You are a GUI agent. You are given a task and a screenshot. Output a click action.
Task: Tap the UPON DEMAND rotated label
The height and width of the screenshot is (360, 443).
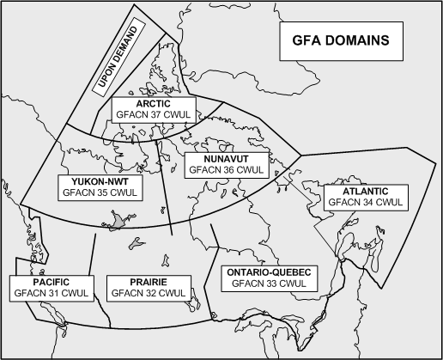tap(120, 58)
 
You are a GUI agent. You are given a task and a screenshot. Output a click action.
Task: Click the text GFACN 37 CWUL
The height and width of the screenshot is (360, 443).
tap(154, 114)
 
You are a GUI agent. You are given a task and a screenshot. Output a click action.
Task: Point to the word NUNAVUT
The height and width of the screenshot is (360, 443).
tap(226, 158)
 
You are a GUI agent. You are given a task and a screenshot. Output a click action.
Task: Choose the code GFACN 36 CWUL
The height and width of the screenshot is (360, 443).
tap(226, 170)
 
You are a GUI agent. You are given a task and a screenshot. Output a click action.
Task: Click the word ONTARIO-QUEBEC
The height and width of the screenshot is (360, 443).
tap(270, 272)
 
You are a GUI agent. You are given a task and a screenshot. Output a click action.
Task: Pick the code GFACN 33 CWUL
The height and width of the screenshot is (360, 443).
tap(270, 284)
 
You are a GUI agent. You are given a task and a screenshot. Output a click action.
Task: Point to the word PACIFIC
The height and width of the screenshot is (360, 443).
tap(51, 282)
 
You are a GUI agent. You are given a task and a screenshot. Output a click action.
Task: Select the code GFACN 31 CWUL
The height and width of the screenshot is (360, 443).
tap(51, 294)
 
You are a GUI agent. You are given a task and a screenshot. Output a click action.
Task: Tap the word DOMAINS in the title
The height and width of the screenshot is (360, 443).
tap(355, 40)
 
